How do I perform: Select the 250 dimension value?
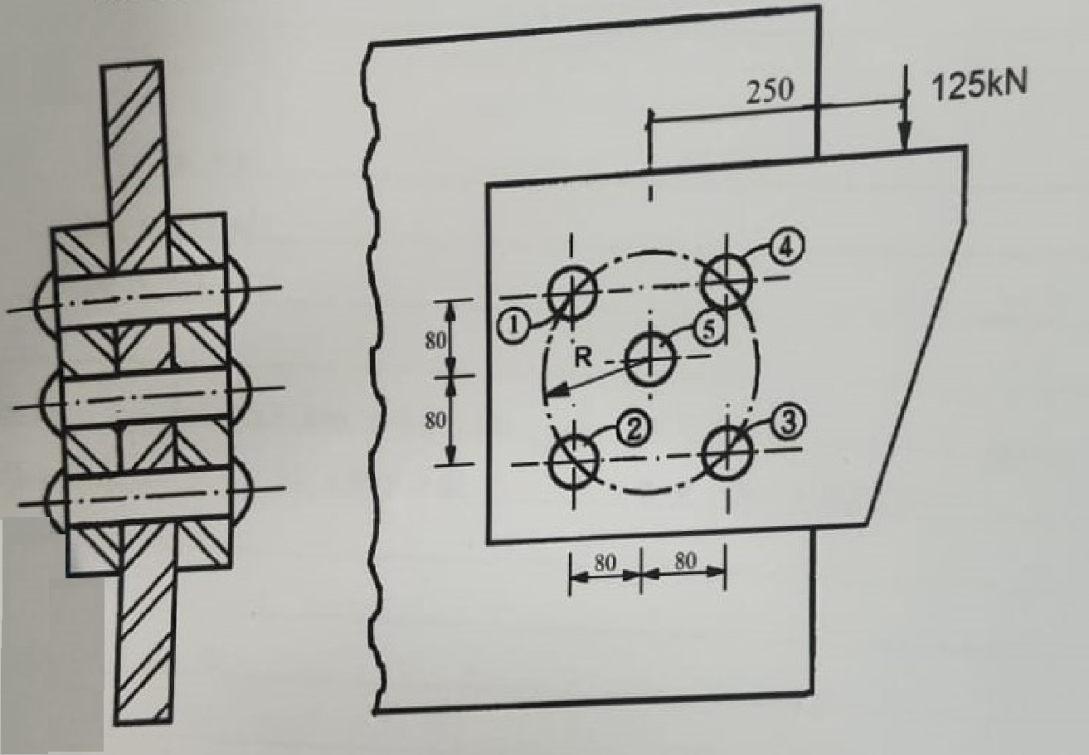coord(770,92)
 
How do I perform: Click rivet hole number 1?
coord(571,292)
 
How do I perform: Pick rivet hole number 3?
coord(727,453)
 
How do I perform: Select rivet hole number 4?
coord(727,280)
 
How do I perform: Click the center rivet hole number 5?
coord(650,359)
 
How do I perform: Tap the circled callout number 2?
coord(633,427)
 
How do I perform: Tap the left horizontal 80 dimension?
coord(605,562)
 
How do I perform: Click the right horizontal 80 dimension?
coord(684,562)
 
